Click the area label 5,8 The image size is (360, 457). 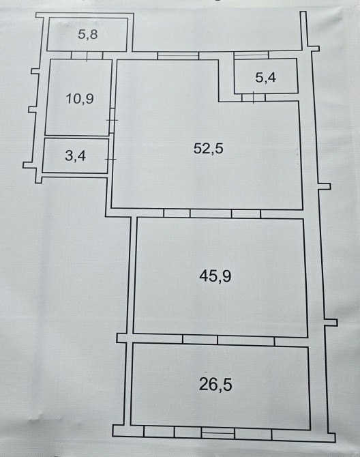88,35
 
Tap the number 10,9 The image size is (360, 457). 80,99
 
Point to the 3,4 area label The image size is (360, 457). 76,156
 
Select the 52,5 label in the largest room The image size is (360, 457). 208,149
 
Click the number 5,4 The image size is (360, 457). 266,78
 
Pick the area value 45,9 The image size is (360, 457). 215,276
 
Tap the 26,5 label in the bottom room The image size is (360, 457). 215,385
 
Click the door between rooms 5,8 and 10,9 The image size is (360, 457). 87,55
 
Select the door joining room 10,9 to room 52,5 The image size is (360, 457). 113,120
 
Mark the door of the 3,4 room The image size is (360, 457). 110,159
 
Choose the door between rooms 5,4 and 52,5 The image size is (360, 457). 254,98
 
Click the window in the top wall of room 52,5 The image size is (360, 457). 178,55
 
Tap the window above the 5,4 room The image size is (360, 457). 251,55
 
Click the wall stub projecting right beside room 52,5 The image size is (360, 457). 325,186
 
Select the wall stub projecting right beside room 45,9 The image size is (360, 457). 331,323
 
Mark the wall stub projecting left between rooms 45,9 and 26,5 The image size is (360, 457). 122,338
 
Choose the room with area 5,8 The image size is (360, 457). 87,34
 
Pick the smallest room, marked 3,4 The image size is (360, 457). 76,156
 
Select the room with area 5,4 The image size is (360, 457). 266,76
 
